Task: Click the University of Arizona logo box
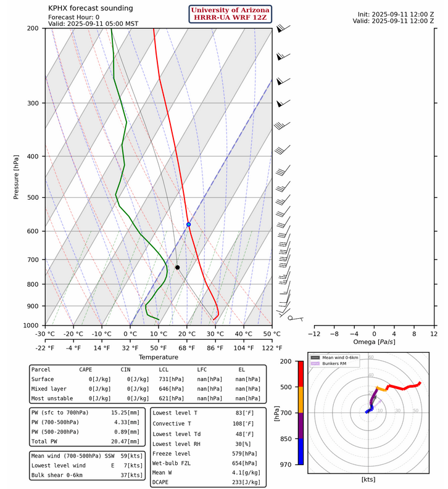coord(230,14)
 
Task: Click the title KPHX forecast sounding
coord(90,8)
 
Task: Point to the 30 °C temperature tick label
coord(215,334)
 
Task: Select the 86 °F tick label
coord(215,347)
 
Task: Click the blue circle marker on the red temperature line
coord(188,224)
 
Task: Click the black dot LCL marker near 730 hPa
coord(177,267)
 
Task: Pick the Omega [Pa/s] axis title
coord(374,342)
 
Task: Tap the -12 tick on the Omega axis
coord(314,334)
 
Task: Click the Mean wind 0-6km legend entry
coord(342,357)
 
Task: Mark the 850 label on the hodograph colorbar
coord(285,438)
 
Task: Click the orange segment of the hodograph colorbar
coord(301,400)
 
